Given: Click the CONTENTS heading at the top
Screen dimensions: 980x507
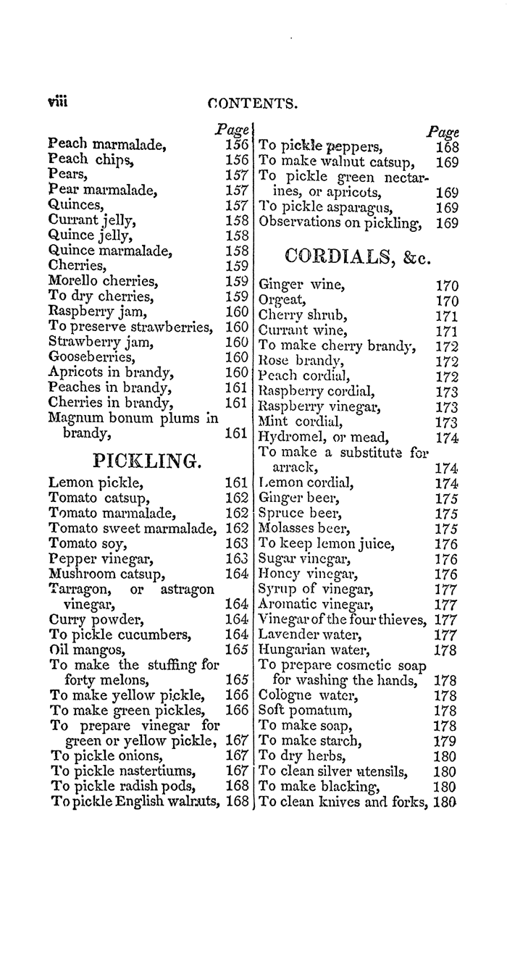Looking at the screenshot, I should point(251,104).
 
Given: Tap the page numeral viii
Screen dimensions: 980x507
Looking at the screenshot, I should point(58,102).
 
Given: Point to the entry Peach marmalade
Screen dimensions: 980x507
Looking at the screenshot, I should point(107,144).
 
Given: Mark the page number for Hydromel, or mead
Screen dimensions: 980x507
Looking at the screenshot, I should point(448,437).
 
